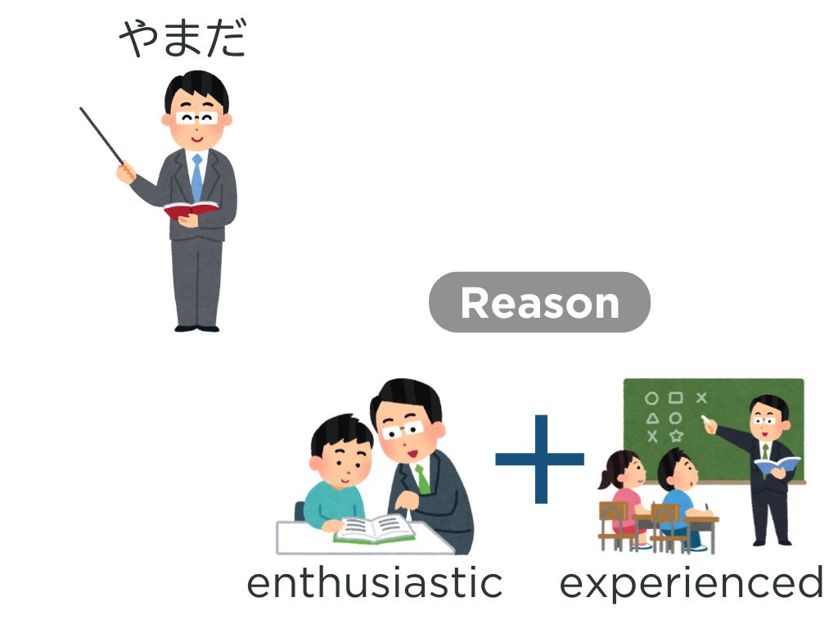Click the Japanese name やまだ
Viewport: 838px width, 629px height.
(182, 38)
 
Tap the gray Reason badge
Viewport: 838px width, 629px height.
(539, 302)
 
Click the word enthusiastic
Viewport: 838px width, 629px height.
(375, 583)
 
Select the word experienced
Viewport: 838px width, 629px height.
(691, 584)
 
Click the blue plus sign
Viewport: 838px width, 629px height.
(540, 459)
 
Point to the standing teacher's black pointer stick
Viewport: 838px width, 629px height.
(101, 135)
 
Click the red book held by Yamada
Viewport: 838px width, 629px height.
(191, 210)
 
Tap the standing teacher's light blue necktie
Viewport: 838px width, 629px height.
(197, 178)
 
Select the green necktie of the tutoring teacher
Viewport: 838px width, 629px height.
(422, 478)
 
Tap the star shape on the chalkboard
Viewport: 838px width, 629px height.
(677, 436)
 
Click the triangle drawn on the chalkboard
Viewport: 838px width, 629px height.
(652, 419)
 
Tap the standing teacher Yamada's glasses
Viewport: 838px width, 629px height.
(196, 118)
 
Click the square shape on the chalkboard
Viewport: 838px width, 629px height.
(676, 398)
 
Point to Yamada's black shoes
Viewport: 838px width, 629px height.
(196, 328)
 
